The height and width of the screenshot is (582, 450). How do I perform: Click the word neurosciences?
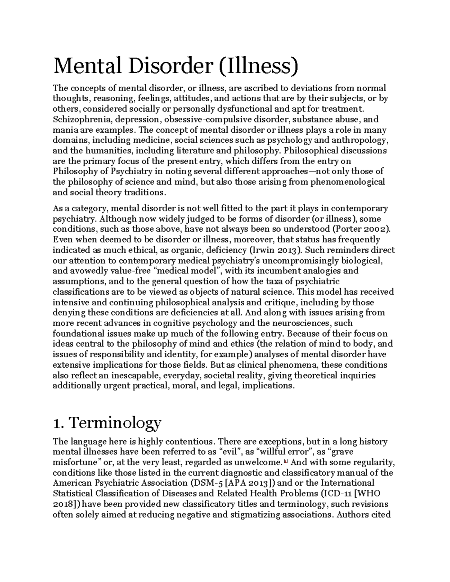coord(297,323)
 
